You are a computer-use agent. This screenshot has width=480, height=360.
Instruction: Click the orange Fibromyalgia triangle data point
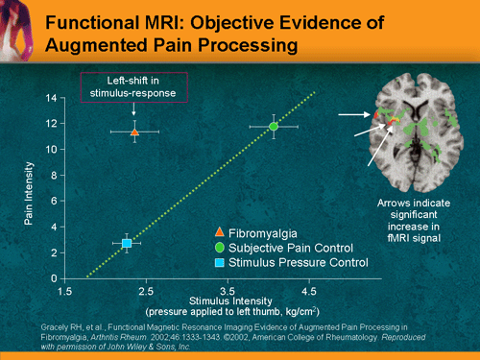point(134,132)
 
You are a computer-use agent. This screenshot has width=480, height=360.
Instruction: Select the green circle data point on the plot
point(274,126)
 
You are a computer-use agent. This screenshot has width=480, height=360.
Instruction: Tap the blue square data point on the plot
point(127,244)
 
